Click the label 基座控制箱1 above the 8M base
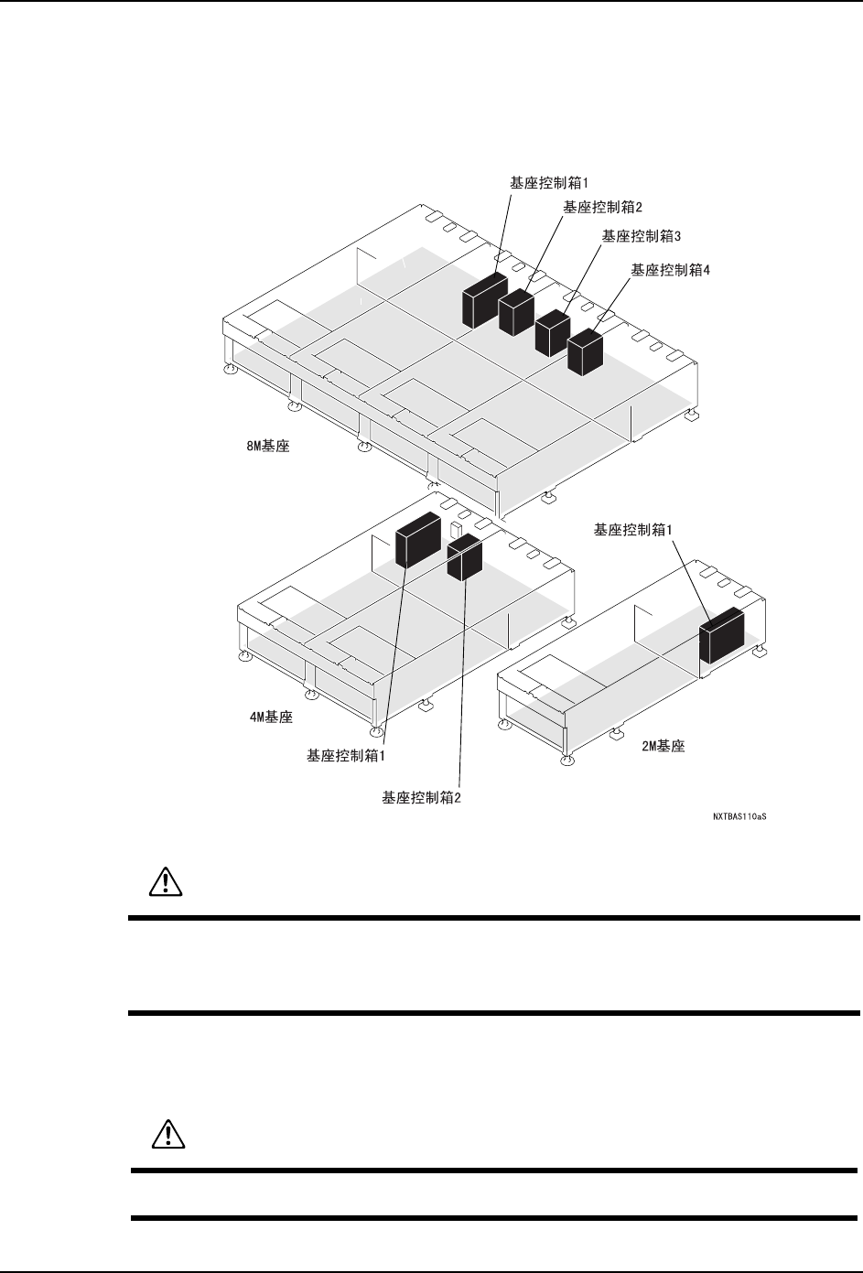547,182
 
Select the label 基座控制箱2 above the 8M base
603,208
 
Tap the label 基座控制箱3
642,236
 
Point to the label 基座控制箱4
671,270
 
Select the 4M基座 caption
271,717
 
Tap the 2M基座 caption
663,746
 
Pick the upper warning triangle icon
166,880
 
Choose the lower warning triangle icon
166,1134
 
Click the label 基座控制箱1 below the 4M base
345,756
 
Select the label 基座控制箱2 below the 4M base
421,797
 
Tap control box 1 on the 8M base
483,299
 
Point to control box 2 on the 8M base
517,311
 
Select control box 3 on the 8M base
553,332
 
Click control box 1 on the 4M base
417,541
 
